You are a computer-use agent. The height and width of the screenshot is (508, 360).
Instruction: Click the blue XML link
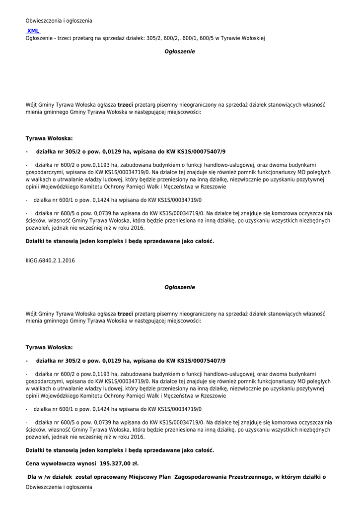click(x=33, y=31)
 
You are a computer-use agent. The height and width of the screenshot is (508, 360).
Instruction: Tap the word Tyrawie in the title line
click(x=230, y=38)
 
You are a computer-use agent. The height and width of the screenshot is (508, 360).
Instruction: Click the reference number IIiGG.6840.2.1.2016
click(x=50, y=260)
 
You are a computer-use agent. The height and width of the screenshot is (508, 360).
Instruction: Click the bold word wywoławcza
click(x=60, y=463)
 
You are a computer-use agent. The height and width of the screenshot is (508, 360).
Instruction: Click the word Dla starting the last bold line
click(x=33, y=477)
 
